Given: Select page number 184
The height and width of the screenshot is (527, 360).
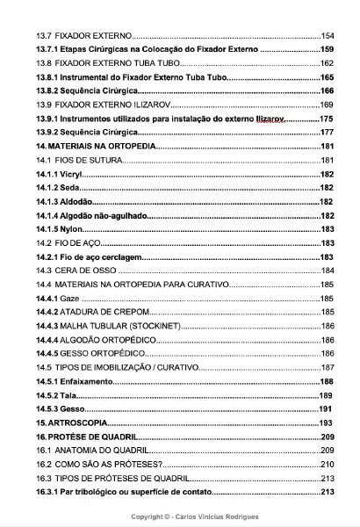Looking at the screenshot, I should pyautogui.click(x=329, y=271).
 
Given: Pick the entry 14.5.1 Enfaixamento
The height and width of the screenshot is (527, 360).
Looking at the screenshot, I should pyautogui.click(x=74, y=382).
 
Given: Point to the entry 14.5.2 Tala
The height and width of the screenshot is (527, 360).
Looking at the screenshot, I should pyautogui.click(x=55, y=395).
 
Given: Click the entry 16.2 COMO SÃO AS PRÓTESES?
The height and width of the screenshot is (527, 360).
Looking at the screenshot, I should pyautogui.click(x=98, y=465).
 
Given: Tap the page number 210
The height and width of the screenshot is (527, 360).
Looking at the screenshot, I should pyautogui.click(x=328, y=465).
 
